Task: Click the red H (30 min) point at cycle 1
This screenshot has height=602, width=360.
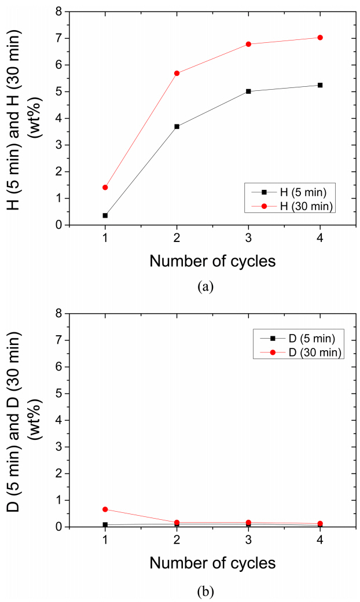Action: coord(105,188)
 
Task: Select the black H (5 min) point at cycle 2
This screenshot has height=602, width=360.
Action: coord(177,126)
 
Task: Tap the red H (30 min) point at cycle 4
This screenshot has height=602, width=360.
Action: coord(320,38)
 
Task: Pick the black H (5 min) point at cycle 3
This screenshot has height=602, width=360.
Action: coord(248,91)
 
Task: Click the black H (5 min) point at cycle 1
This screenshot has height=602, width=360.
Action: coord(105,215)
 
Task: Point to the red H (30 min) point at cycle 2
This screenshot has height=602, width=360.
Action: coord(177,74)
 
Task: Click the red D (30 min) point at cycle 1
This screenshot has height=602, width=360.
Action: coord(105,509)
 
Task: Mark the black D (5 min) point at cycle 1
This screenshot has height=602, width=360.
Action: coord(105,525)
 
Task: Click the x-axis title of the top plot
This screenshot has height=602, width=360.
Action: coord(212,260)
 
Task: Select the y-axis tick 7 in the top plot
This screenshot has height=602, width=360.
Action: coord(58,38)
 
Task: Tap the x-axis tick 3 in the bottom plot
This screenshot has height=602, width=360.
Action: coord(248,540)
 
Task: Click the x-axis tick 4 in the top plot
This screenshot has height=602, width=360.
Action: coord(320,238)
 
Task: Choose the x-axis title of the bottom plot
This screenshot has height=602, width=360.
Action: coord(212,563)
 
